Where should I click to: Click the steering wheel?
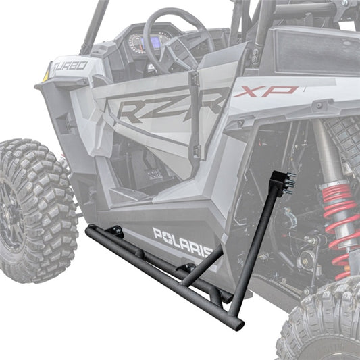(177, 41)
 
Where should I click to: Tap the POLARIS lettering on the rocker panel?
(182, 242)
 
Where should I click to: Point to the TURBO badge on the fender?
(69, 66)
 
